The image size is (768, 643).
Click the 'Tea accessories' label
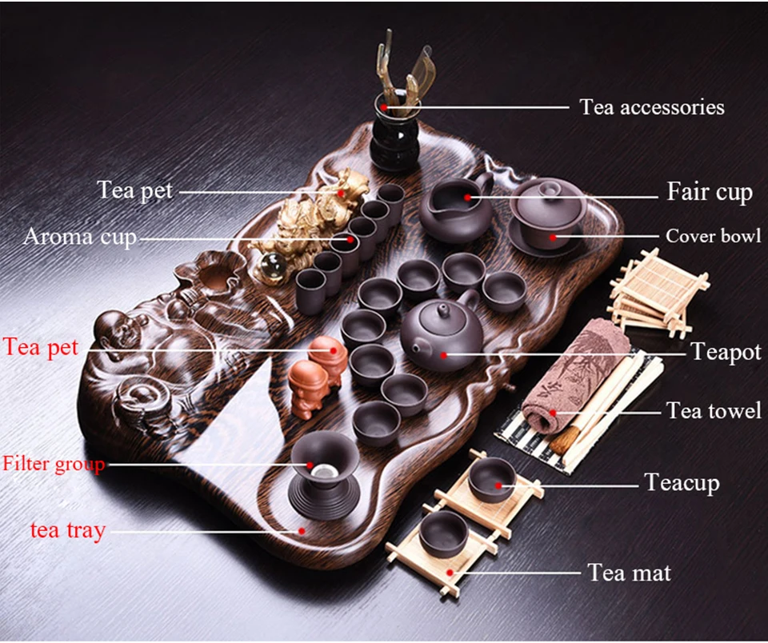[652, 106]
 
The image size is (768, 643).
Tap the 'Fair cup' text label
[710, 192]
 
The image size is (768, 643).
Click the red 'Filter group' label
[54, 464]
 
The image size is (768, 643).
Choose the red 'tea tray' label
[68, 529]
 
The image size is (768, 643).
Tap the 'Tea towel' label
[714, 411]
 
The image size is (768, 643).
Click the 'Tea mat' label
[629, 573]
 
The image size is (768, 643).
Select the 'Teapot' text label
[726, 352]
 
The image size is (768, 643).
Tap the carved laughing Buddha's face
[110, 326]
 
